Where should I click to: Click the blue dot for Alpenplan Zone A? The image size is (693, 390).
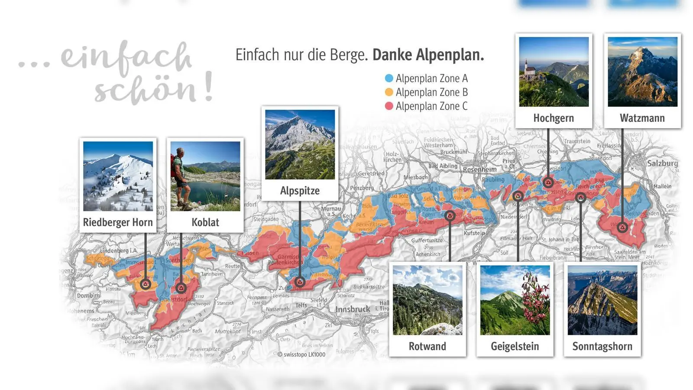coord(389,78)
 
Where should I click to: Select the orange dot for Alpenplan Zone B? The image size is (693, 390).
coord(389,92)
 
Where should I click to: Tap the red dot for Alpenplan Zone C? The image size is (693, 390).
coord(389,106)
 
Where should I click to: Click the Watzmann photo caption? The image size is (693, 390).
coord(642,118)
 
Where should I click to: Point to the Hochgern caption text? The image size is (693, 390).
coord(554,118)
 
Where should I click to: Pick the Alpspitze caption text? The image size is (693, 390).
coord(300,191)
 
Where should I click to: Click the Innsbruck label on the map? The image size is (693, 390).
coord(353,309)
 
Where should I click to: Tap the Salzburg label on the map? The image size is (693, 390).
coord(662,163)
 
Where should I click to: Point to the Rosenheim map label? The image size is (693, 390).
coord(479,169)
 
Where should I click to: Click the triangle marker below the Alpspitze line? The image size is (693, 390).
coord(300,282)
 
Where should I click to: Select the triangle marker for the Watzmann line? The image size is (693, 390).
coord(622,227)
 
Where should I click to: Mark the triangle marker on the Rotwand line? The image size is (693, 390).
coord(450,215)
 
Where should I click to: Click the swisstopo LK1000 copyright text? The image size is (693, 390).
coord(301,354)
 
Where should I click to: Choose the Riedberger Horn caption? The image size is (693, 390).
coord(118,222)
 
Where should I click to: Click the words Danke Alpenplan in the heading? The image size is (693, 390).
coord(428,55)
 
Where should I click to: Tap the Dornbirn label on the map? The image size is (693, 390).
coord(88,296)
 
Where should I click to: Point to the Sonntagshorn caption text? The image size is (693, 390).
coord(602,346)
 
